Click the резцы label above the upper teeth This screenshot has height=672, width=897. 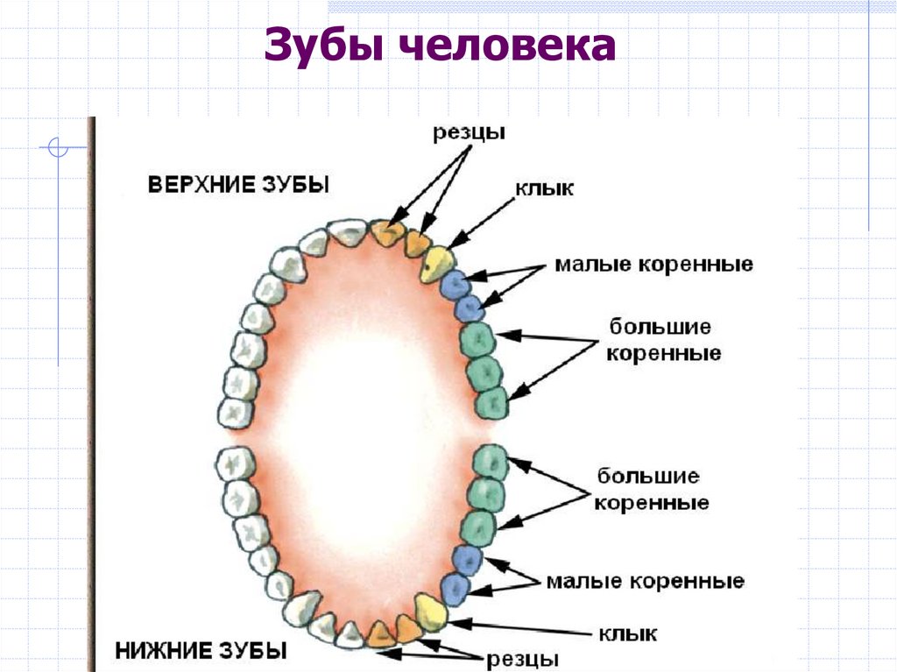[469, 134]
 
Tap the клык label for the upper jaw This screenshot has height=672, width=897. [543, 188]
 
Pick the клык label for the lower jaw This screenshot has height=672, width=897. [627, 633]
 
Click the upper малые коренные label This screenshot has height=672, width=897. [653, 264]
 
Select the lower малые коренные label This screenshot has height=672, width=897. [645, 581]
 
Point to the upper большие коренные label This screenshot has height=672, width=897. [663, 341]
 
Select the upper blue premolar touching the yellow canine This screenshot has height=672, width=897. [456, 284]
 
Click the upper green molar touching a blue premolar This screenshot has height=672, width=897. [477, 339]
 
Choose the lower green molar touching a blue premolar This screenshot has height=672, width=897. [478, 528]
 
